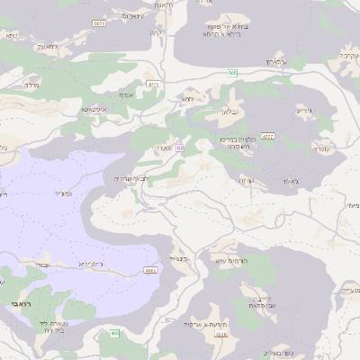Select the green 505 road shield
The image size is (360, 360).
[x=232, y=73]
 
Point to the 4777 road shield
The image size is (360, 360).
[x=267, y=136]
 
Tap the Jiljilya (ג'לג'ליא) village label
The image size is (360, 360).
[x=92, y=264]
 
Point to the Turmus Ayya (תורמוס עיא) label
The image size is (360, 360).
[x=232, y=260]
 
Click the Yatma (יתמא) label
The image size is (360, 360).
[x=188, y=97]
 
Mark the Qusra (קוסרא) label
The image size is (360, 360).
[x=321, y=147]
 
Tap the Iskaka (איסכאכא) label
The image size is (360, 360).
[x=93, y=109]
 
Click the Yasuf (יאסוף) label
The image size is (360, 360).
[x=125, y=93]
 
